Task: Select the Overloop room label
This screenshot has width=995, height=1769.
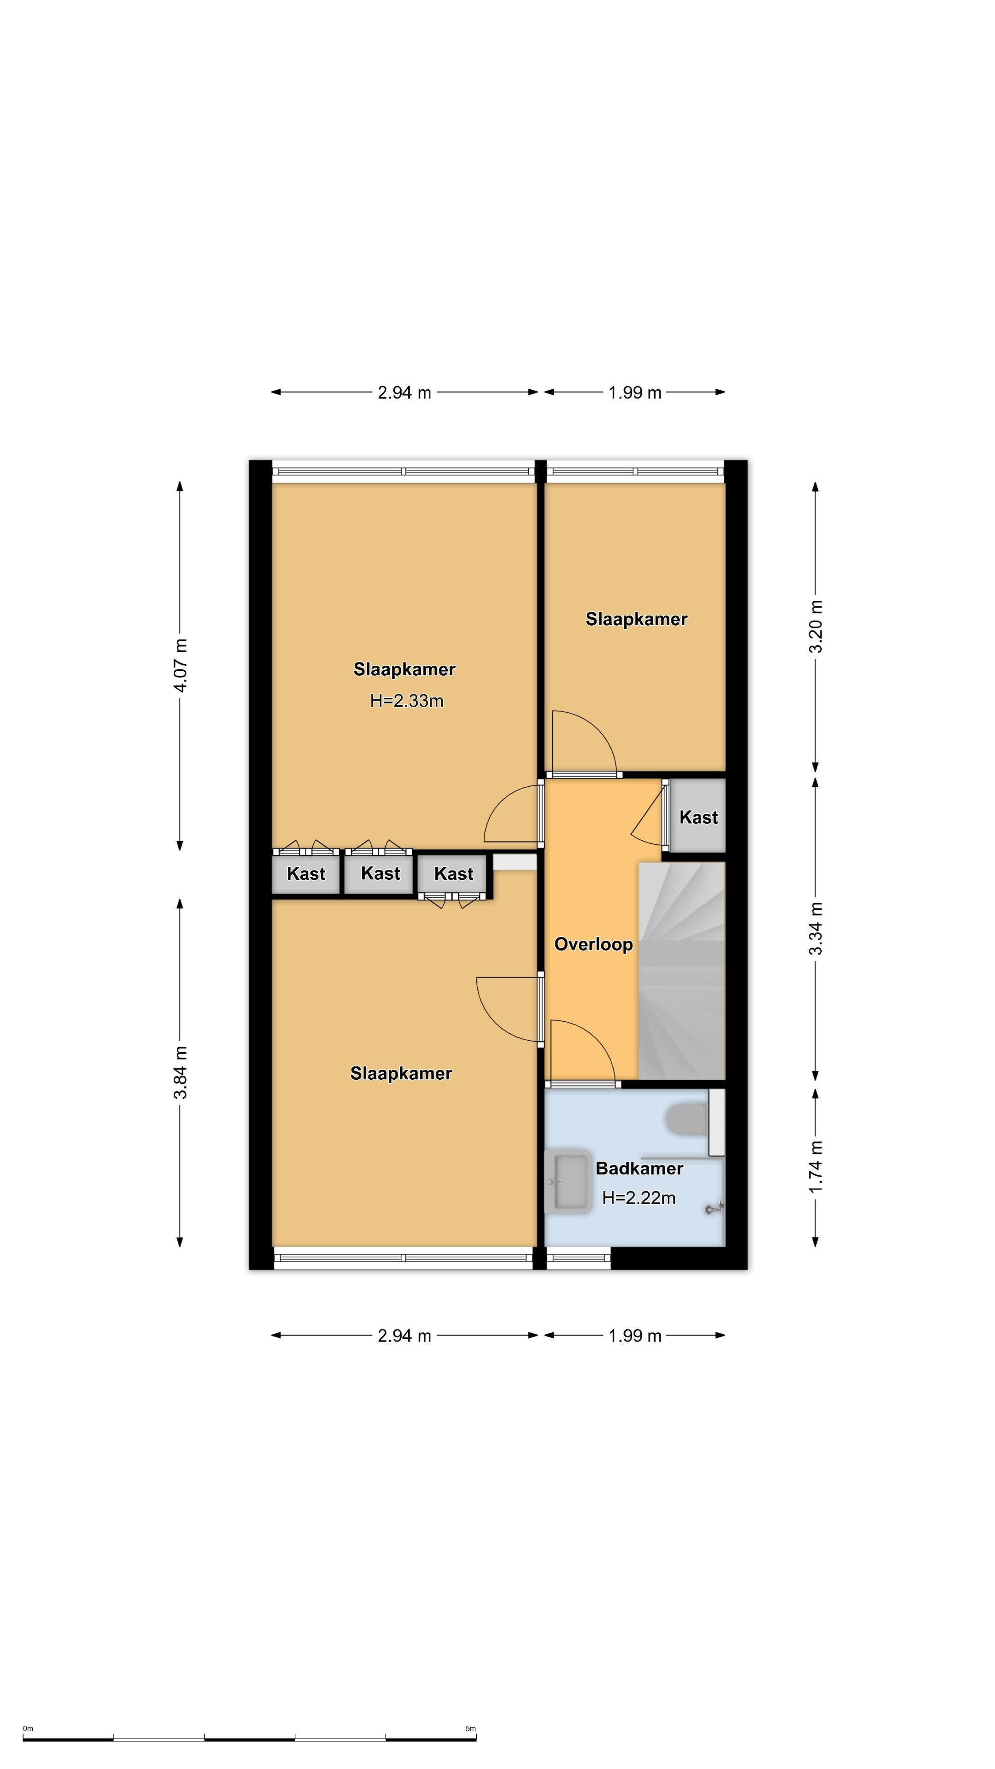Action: point(593,944)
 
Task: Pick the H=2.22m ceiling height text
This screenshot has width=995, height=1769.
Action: point(638,1198)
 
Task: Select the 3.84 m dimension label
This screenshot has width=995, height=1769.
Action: point(181,1072)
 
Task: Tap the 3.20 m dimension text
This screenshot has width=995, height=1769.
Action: point(816,627)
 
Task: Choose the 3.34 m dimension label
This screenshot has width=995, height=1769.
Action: point(816,928)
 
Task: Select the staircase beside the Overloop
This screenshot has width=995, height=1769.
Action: point(682,970)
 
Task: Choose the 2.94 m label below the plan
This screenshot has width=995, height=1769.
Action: point(404,1336)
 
